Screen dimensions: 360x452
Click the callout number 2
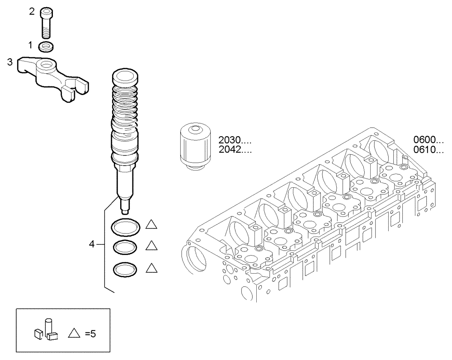coord(32,12)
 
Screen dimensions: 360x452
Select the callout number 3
coord(9,62)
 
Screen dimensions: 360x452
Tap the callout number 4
coord(92,244)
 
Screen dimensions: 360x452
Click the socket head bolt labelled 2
coord(46,23)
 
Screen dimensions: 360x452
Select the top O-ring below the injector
coord(125,227)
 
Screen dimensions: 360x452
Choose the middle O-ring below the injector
coord(125,248)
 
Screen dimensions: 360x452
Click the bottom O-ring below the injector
coord(125,269)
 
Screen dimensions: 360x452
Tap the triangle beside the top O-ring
coord(151,225)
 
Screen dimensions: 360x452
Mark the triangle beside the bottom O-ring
coord(151,268)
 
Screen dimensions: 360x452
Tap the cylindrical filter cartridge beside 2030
coord(195,147)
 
